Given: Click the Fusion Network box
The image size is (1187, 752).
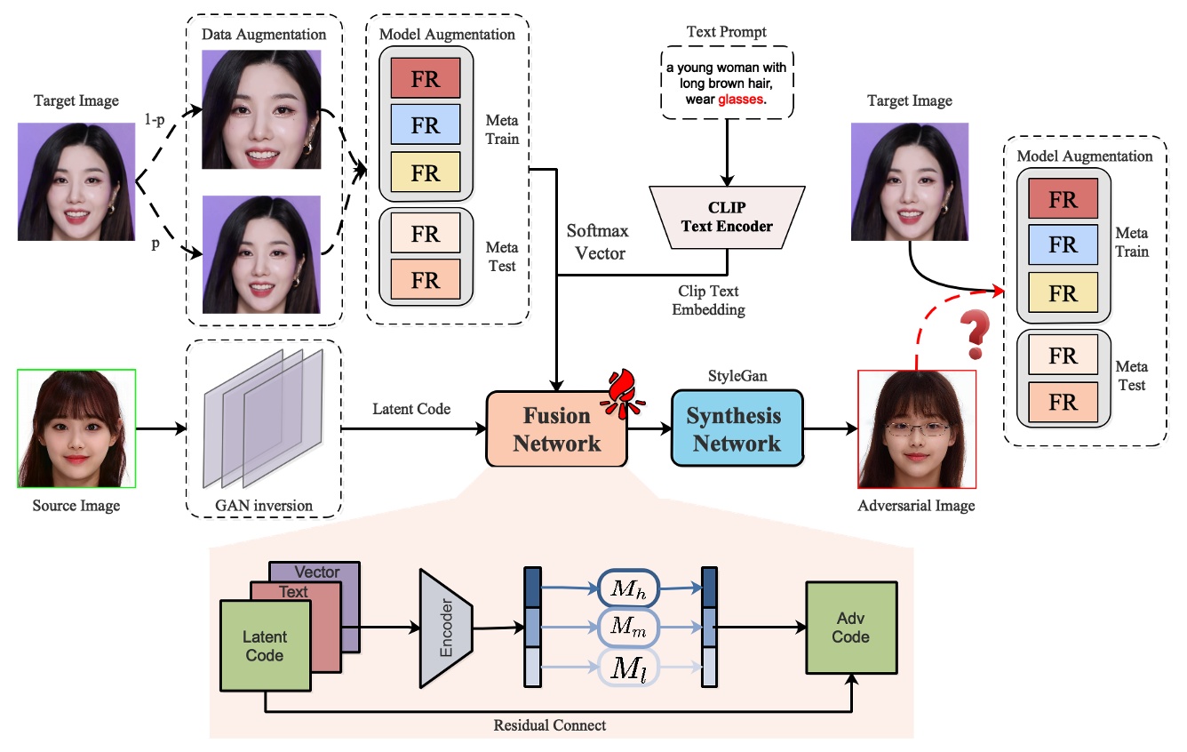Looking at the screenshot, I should (x=556, y=429).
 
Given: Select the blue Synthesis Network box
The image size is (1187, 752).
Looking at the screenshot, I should (x=737, y=429).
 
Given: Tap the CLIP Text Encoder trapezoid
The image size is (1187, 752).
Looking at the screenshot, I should (x=727, y=217).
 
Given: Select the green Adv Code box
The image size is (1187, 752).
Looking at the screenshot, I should (x=850, y=627).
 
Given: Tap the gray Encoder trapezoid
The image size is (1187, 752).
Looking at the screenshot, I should (x=446, y=628).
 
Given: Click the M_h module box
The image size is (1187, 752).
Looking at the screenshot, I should (x=627, y=588).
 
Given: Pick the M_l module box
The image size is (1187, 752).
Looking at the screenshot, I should (x=627, y=668).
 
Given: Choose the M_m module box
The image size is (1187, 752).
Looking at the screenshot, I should (x=627, y=628).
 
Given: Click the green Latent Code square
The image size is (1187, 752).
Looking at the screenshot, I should (x=265, y=646).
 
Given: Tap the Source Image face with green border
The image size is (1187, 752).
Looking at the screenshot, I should (x=76, y=428).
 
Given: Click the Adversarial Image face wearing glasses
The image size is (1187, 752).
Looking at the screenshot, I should (x=916, y=429).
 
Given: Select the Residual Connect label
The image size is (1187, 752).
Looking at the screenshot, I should (x=549, y=725).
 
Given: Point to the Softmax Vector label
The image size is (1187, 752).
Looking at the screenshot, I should (x=598, y=242).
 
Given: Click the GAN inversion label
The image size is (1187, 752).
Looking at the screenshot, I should (x=265, y=506).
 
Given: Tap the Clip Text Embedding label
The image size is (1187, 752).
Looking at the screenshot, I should (x=708, y=300).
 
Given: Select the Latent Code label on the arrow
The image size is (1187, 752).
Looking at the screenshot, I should (x=411, y=408).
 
